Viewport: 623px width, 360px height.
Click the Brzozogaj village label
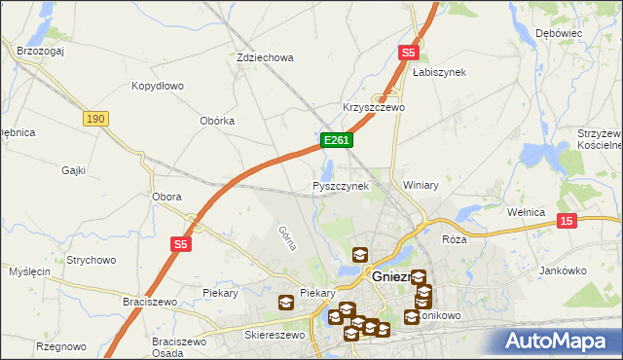pos(40,52)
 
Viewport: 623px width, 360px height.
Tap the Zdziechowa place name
pos(265,57)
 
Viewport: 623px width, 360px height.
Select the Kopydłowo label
pos(158,86)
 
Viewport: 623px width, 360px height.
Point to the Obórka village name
pos(217,121)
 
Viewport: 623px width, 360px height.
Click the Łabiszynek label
pos(439,72)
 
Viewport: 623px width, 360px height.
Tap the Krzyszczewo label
pos(373,107)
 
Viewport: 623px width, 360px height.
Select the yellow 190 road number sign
pos(94,118)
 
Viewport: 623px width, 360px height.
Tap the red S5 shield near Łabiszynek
pos(408,54)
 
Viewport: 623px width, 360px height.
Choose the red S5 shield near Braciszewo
pos(181,243)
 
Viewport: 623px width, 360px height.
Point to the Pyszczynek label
pos(341,185)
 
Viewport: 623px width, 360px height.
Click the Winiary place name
pos(421,185)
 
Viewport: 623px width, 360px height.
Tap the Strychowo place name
pos(92,260)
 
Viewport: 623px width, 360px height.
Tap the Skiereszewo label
pos(275,335)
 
